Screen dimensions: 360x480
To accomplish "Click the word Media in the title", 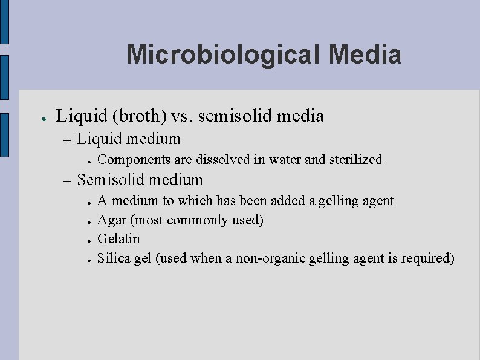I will coord(366,54).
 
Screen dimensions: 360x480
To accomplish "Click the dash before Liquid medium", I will coord(67,140).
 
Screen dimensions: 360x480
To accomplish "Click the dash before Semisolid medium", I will coord(67,181).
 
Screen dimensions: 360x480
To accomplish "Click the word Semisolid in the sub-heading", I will coord(111,180).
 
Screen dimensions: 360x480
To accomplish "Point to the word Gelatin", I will coord(118,238).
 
